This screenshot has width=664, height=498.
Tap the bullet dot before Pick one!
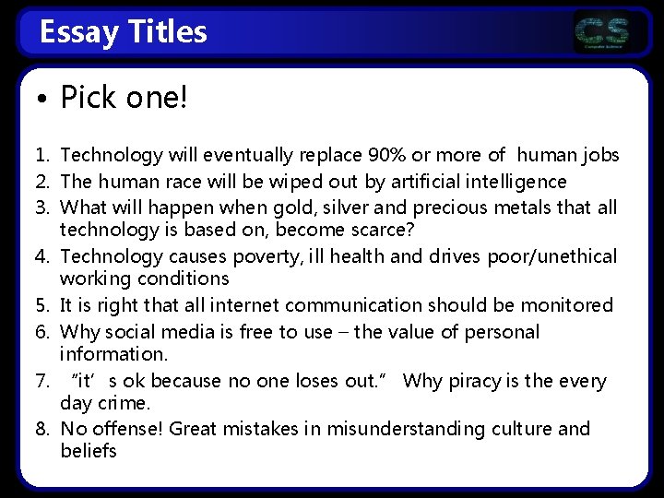pos(43,99)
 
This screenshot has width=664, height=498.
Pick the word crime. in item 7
pos(127,404)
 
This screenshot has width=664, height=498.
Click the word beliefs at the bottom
pos(89,452)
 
